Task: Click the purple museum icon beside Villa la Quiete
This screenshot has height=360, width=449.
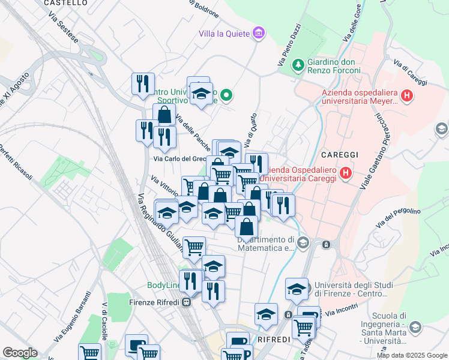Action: (259, 32)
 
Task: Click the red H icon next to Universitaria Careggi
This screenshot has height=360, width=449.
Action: (345, 174)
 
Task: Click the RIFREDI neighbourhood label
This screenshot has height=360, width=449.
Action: (274, 340)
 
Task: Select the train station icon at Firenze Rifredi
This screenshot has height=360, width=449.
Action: (187, 302)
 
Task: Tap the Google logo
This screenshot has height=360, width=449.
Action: (20, 353)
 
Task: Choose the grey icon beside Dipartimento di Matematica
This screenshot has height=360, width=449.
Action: (303, 242)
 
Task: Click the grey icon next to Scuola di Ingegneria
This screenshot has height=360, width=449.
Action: (414, 327)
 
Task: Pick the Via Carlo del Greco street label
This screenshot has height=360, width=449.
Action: (179, 159)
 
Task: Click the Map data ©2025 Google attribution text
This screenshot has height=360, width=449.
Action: (411, 355)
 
